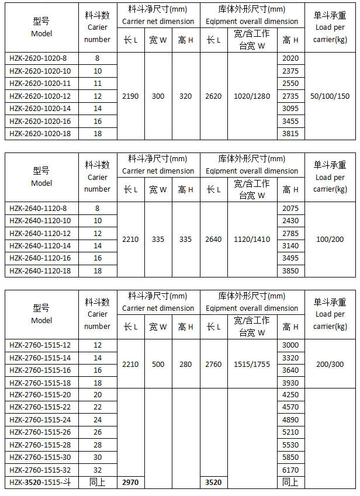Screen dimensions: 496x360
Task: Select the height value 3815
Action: tap(290, 134)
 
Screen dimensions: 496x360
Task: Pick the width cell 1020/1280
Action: tap(252, 96)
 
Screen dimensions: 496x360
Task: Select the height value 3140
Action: tap(290, 246)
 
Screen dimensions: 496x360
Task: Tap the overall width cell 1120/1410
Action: tap(252, 240)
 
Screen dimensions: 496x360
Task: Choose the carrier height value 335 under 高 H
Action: tap(186, 240)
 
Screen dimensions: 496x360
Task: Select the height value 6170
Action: tap(290, 470)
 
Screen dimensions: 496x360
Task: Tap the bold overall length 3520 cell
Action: tap(213, 483)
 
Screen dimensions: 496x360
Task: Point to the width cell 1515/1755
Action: tap(252, 364)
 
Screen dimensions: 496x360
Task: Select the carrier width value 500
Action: tap(158, 364)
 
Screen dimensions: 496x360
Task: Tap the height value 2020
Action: tap(290, 58)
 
